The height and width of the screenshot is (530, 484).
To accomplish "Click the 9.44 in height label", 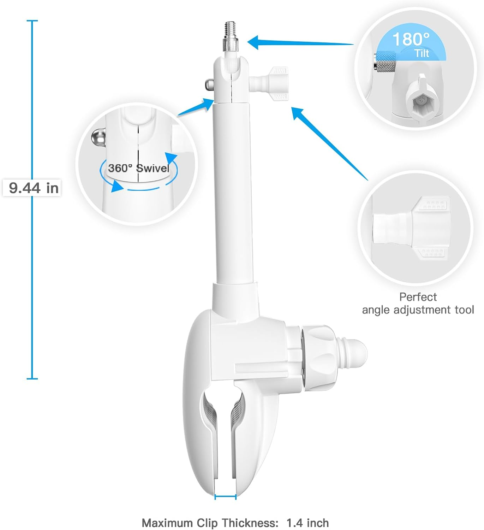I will pyautogui.click(x=33, y=188).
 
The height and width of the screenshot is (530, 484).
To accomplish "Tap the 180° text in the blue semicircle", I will pyautogui.click(x=411, y=39).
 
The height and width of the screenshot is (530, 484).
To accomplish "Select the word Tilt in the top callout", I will pyautogui.click(x=422, y=53).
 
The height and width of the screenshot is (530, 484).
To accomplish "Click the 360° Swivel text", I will pyautogui.click(x=138, y=168).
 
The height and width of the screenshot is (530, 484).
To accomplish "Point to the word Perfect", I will pyautogui.click(x=418, y=297).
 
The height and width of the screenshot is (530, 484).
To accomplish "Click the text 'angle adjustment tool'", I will pyautogui.click(x=418, y=310).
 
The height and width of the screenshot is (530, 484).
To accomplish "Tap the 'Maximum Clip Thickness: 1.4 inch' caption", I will pyautogui.click(x=235, y=523).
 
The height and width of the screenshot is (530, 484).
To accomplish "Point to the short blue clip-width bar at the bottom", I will pyautogui.click(x=225, y=497).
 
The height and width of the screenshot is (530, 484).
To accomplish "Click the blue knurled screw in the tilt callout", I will pyautogui.click(x=386, y=62).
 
